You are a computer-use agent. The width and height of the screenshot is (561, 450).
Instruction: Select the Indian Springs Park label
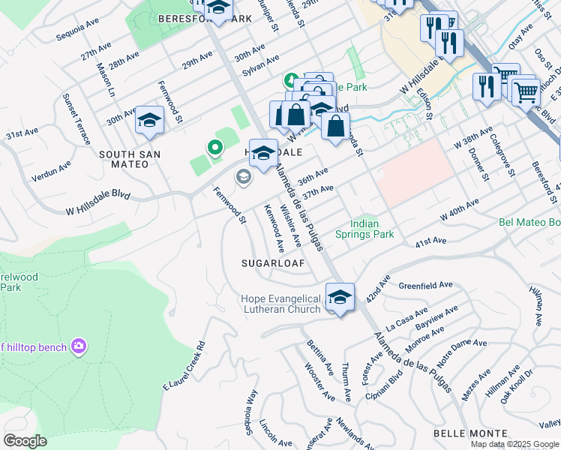373,229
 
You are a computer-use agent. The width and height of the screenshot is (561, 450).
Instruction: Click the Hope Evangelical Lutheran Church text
280,304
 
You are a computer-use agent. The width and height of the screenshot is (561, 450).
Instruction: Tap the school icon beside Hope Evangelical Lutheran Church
340,298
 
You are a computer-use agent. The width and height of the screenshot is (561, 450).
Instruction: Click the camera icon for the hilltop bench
78,346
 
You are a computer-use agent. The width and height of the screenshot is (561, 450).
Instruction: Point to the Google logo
25,441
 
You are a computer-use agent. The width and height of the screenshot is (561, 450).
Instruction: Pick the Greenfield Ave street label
425,286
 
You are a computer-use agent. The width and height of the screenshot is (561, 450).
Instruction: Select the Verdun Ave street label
51,171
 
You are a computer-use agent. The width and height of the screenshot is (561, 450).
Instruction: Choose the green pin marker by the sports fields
214,148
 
